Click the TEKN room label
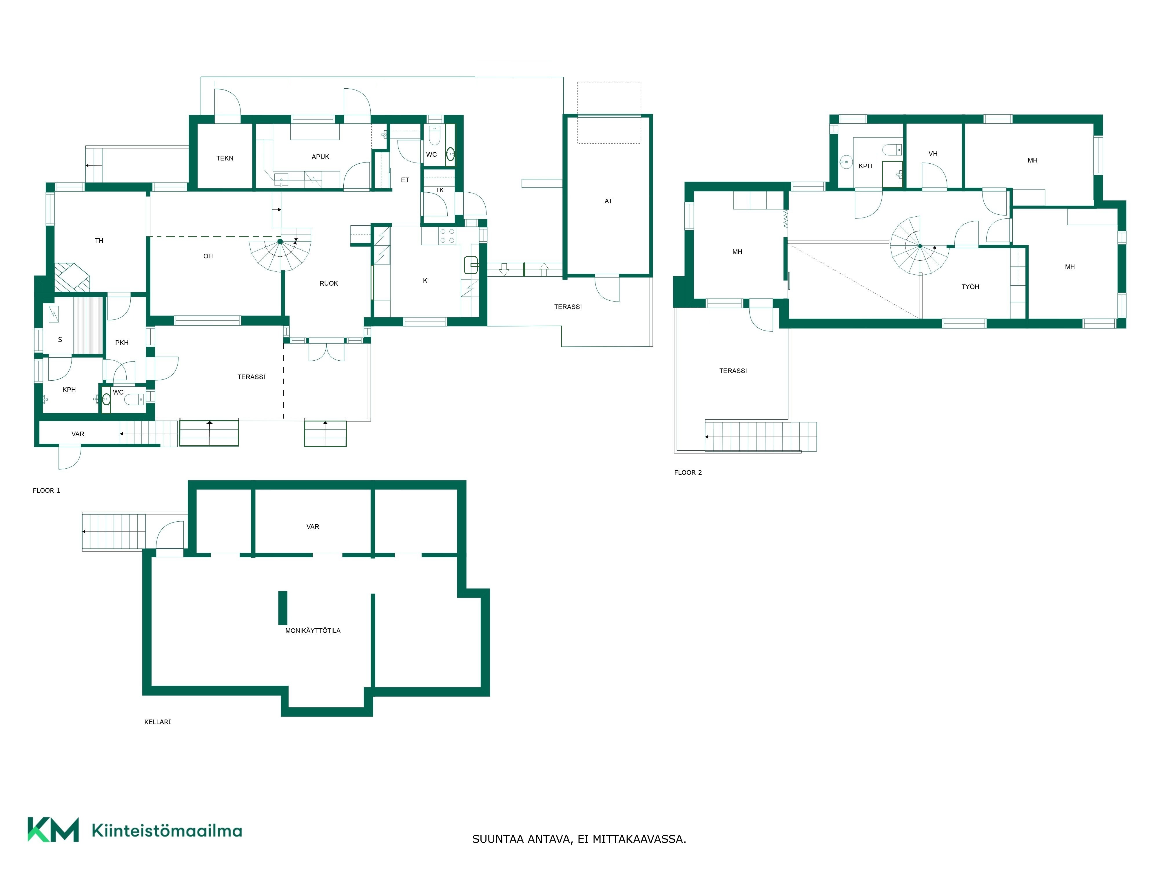[x=225, y=158]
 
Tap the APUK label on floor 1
[x=320, y=157]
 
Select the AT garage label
[x=608, y=201]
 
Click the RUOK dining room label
[x=329, y=283]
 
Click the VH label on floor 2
[x=933, y=154]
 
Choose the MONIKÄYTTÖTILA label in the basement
[x=313, y=631]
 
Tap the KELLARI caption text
[x=158, y=722]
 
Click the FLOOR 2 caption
[x=688, y=472]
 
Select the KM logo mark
[x=53, y=830]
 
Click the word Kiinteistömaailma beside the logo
[x=167, y=831]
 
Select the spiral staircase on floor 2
[x=920, y=246]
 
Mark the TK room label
[x=440, y=190]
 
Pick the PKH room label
[x=122, y=343]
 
